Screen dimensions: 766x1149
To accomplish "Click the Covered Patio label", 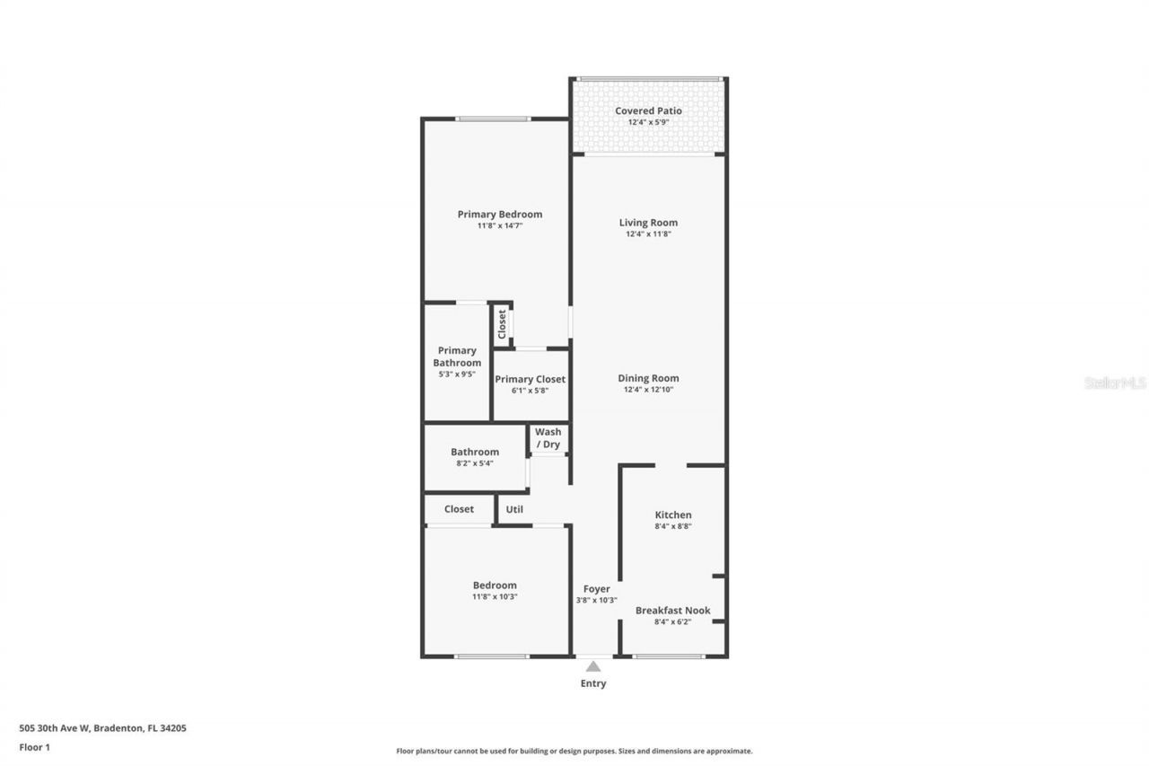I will coord(648,111).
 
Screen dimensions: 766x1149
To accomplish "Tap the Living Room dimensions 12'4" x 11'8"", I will coord(648,234).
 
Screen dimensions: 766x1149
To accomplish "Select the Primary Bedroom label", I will coord(499,215).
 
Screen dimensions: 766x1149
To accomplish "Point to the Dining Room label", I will coord(648,378).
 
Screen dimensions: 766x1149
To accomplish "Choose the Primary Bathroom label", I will coord(457,357).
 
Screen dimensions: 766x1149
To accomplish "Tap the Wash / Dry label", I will coord(548,438).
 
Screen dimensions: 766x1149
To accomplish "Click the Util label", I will coord(514,509).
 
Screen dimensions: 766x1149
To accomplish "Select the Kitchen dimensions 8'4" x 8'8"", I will coord(672,526).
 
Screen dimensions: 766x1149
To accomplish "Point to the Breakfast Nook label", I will coord(672,611).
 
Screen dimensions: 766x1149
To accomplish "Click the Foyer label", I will coord(596,589).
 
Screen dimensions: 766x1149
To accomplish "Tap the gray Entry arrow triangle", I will coord(592,666).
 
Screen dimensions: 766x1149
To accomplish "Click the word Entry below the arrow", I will coord(592,683).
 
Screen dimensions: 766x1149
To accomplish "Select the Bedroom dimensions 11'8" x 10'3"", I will coord(495,596).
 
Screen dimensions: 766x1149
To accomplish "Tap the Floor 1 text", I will coord(34,746).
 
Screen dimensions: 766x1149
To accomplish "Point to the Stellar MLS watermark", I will coord(1115,383).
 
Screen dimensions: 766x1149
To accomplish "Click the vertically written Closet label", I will coord(502,323).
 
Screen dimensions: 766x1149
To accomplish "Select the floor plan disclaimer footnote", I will coord(574,751).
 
